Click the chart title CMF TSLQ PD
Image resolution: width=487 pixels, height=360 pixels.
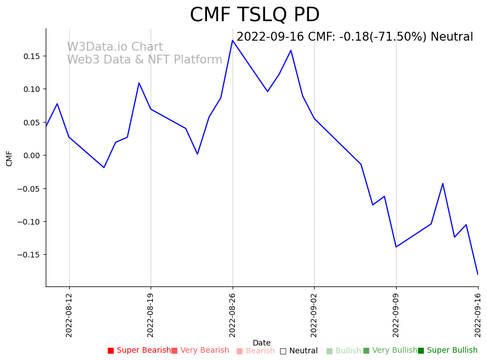254,15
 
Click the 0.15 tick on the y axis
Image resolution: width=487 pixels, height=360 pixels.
31,56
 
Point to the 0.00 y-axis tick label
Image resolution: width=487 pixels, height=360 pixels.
31,155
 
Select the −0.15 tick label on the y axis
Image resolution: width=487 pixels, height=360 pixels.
29,255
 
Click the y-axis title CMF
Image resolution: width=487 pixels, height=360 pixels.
9,158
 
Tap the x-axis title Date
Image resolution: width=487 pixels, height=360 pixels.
262,343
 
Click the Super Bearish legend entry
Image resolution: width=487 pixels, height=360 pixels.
139,351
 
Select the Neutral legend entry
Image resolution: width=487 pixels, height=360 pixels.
299,351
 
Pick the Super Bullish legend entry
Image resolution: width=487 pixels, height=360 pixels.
448,351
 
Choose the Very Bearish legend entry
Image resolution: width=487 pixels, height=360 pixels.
200,351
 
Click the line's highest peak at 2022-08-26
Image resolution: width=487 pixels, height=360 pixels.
233,40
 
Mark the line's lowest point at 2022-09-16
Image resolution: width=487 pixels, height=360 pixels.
478,274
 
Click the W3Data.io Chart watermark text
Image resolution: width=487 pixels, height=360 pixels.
115,47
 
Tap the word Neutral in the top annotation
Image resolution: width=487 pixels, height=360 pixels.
452,37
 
